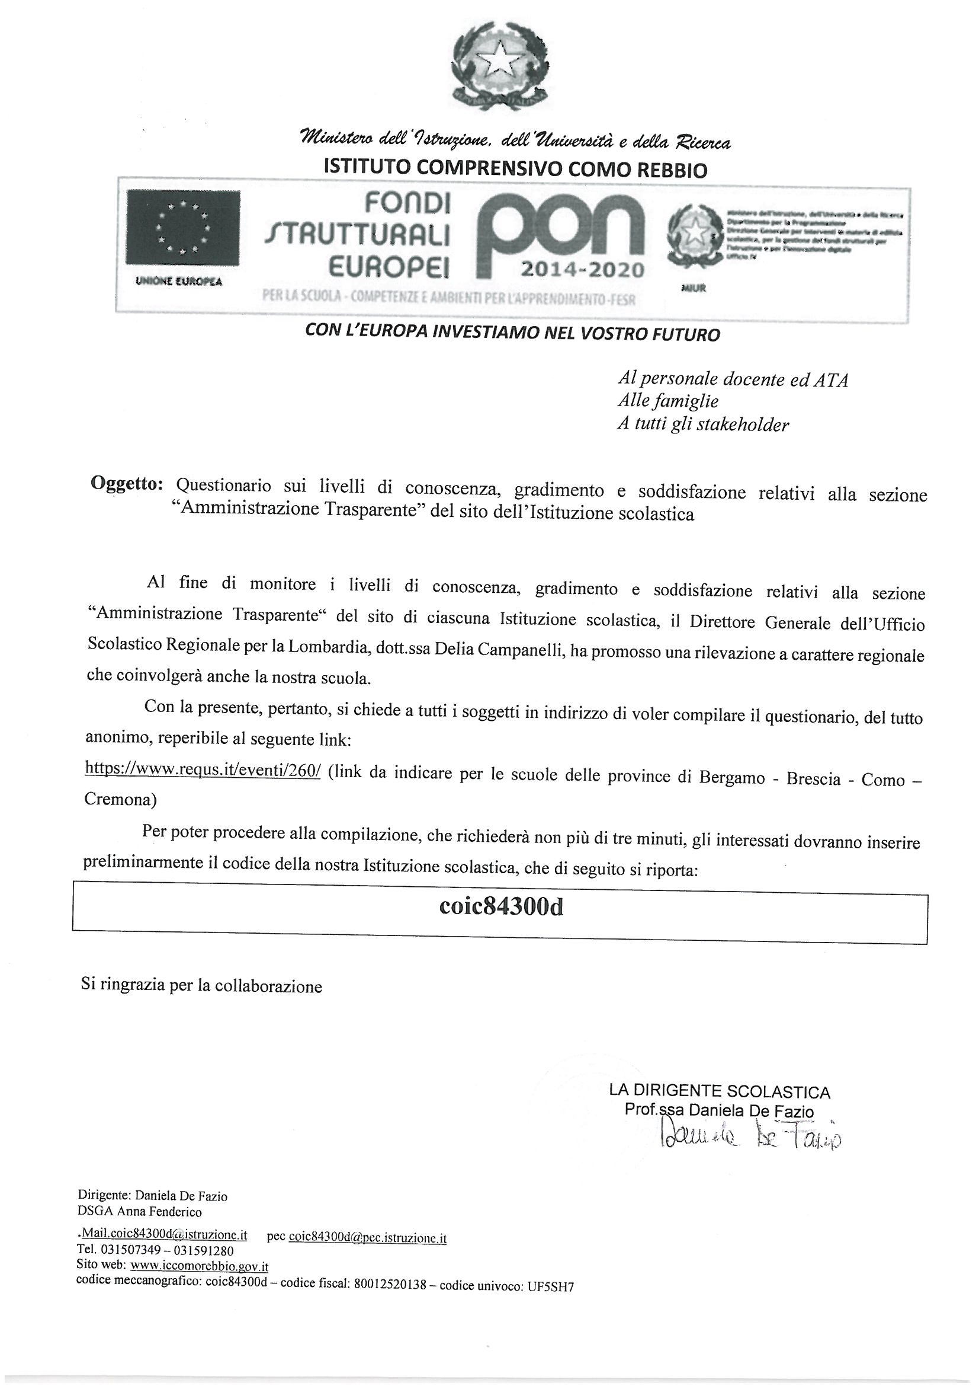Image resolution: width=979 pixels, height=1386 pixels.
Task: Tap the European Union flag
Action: pos(183,227)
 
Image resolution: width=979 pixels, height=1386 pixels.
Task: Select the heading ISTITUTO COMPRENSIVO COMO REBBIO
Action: pos(515,168)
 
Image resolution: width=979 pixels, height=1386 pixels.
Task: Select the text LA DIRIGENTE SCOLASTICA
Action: pos(720,1091)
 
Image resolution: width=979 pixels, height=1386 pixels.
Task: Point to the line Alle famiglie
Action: pos(667,401)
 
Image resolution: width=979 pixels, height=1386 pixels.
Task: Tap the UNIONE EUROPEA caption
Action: pos(179,282)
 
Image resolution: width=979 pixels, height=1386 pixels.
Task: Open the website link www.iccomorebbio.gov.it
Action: pos(199,1266)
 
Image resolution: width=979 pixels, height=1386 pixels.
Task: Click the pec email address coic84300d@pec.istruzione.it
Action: pos(367,1236)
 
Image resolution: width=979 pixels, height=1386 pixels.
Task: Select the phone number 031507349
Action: pos(131,1250)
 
